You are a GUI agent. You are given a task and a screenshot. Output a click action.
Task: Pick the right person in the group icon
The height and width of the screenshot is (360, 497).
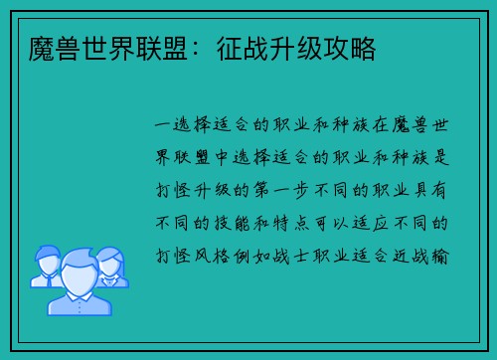click(110, 266)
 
